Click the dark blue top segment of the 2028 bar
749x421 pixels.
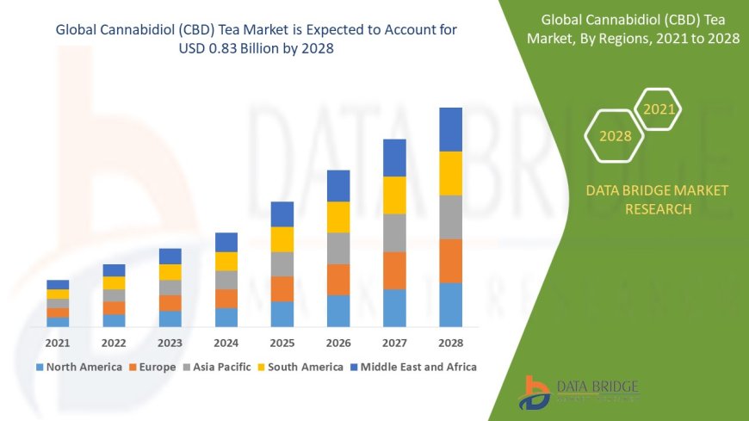[450, 129]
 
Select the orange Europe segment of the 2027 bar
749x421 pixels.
[394, 270]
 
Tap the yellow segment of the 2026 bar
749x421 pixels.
[338, 217]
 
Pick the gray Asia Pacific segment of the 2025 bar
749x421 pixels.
[282, 263]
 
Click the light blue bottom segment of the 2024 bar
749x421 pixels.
[226, 317]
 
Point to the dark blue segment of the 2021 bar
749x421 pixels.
[58, 284]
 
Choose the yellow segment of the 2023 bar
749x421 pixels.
[170, 272]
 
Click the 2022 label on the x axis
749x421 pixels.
[114, 343]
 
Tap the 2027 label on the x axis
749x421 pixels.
[394, 343]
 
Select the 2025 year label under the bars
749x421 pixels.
[282, 343]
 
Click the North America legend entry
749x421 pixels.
[78, 367]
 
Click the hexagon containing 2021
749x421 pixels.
[659, 109]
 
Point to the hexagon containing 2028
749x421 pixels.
[615, 136]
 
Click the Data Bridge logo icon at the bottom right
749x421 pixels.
[535, 393]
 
